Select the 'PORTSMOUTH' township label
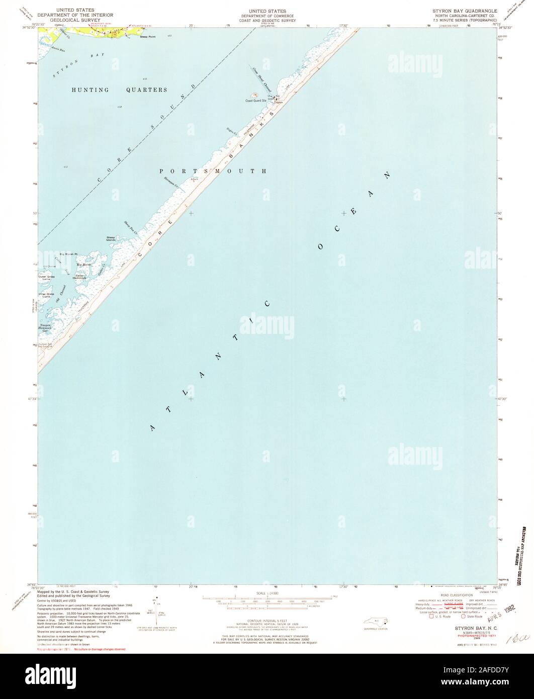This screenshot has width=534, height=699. (x=213, y=171)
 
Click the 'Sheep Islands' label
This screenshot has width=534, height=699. (x=111, y=238)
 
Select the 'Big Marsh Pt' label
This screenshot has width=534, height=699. (x=68, y=253)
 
